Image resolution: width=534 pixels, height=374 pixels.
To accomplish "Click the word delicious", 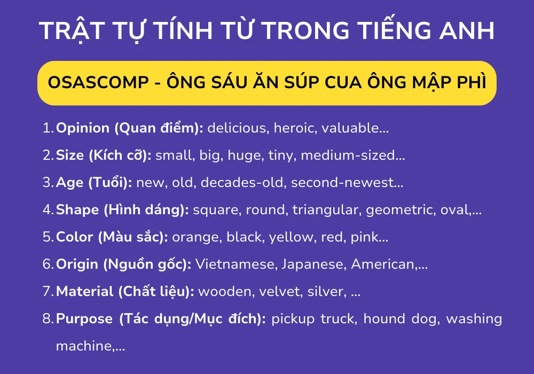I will click(x=232, y=128).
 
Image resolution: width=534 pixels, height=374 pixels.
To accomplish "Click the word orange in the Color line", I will click(x=195, y=237).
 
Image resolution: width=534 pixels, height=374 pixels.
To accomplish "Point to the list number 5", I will click(x=47, y=237).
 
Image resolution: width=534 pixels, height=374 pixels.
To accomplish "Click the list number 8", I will click(x=47, y=319).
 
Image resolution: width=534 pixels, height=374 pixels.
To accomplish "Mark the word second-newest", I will click(x=347, y=183).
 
